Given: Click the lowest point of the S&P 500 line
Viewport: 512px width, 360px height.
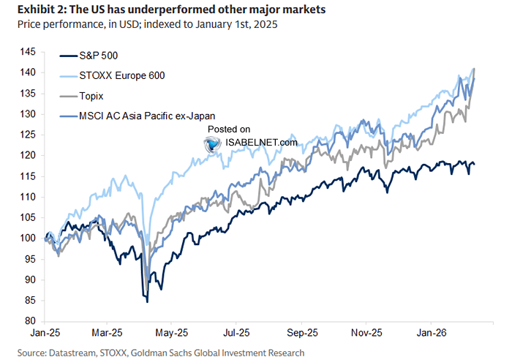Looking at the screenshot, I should tap(147, 301).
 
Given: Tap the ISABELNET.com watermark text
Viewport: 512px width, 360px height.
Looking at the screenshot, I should tap(261, 143).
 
